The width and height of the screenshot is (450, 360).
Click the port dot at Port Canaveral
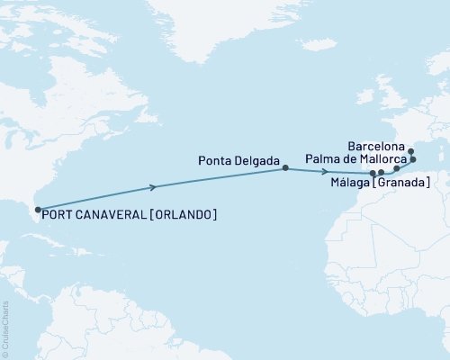click(x=36, y=210)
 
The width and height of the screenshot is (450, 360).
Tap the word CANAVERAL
click(x=115, y=216)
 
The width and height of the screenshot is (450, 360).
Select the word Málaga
click(x=348, y=183)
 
